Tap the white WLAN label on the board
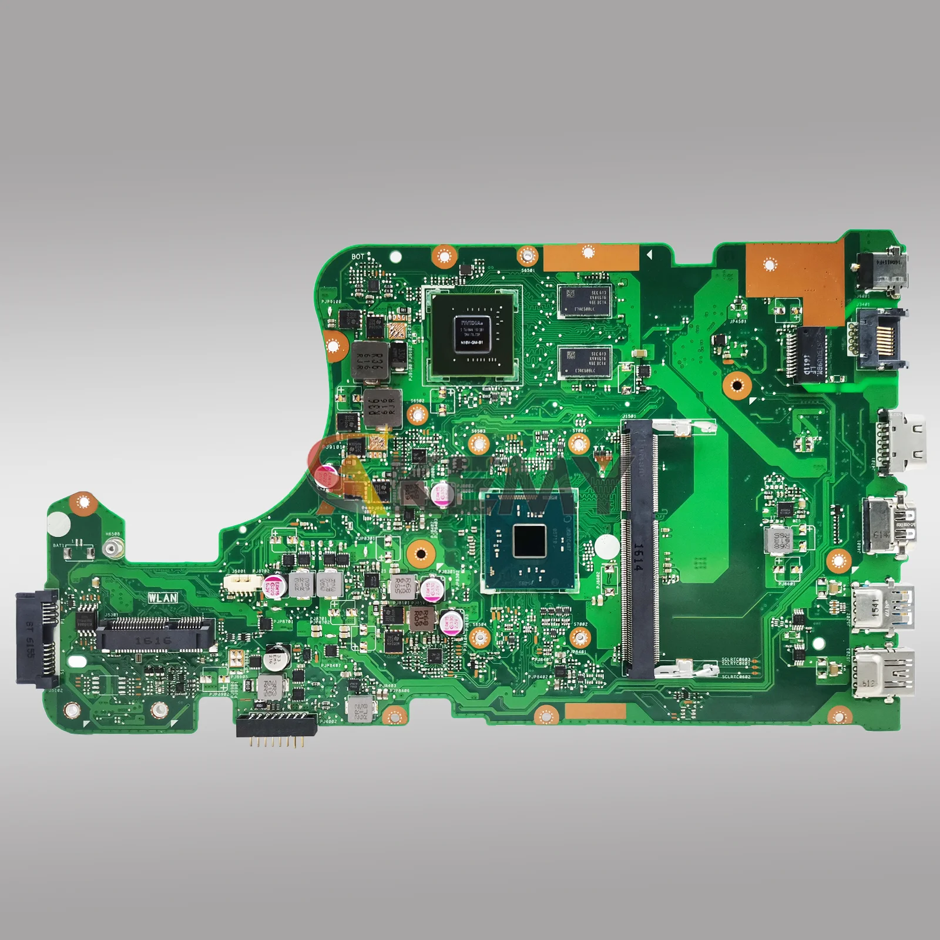click(x=163, y=597)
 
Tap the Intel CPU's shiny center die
click(x=530, y=542)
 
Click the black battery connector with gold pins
click(x=276, y=727)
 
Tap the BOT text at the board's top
click(x=358, y=257)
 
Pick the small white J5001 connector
click(x=243, y=582)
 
